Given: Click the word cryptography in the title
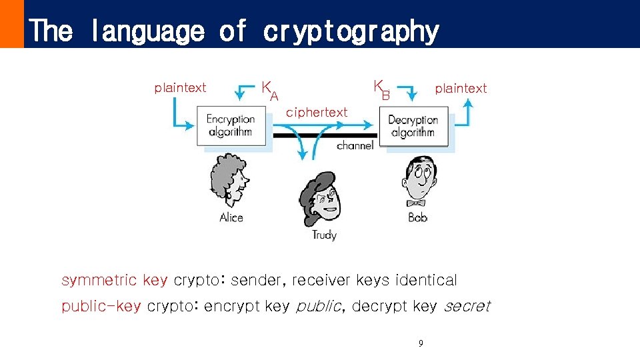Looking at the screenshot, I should (351, 31).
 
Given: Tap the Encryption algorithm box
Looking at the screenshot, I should (230, 126).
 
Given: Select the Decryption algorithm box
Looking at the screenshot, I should (413, 126).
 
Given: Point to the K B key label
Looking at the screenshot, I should (381, 89).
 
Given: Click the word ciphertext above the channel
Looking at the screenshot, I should (317, 113).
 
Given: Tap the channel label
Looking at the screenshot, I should (355, 145).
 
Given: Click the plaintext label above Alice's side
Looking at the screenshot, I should (180, 88).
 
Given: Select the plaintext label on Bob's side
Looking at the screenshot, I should (461, 88).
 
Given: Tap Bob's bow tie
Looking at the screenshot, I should (417, 202).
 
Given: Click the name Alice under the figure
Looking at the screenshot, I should (231, 217).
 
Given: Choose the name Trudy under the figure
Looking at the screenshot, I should (324, 235).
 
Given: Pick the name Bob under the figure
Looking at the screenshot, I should (417, 217).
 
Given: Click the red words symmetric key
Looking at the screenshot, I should (114, 280).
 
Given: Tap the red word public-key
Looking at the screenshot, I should (101, 306).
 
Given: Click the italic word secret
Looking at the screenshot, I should (467, 306).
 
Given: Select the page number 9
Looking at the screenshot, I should (420, 344).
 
